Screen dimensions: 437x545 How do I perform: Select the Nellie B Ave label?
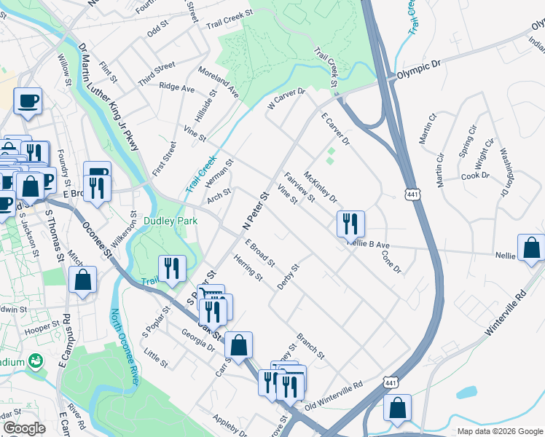tap(374, 246)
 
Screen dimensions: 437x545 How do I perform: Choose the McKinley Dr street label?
tap(320, 187)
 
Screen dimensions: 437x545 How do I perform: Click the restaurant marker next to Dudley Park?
tap(172, 267)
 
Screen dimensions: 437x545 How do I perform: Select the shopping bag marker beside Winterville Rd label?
tap(531, 247)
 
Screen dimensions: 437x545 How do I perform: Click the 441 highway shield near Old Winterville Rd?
tap(391, 381)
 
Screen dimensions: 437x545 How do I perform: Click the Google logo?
tap(24, 428)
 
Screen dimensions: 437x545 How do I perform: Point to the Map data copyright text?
tap(500, 431)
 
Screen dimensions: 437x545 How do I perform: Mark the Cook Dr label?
tap(475, 176)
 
